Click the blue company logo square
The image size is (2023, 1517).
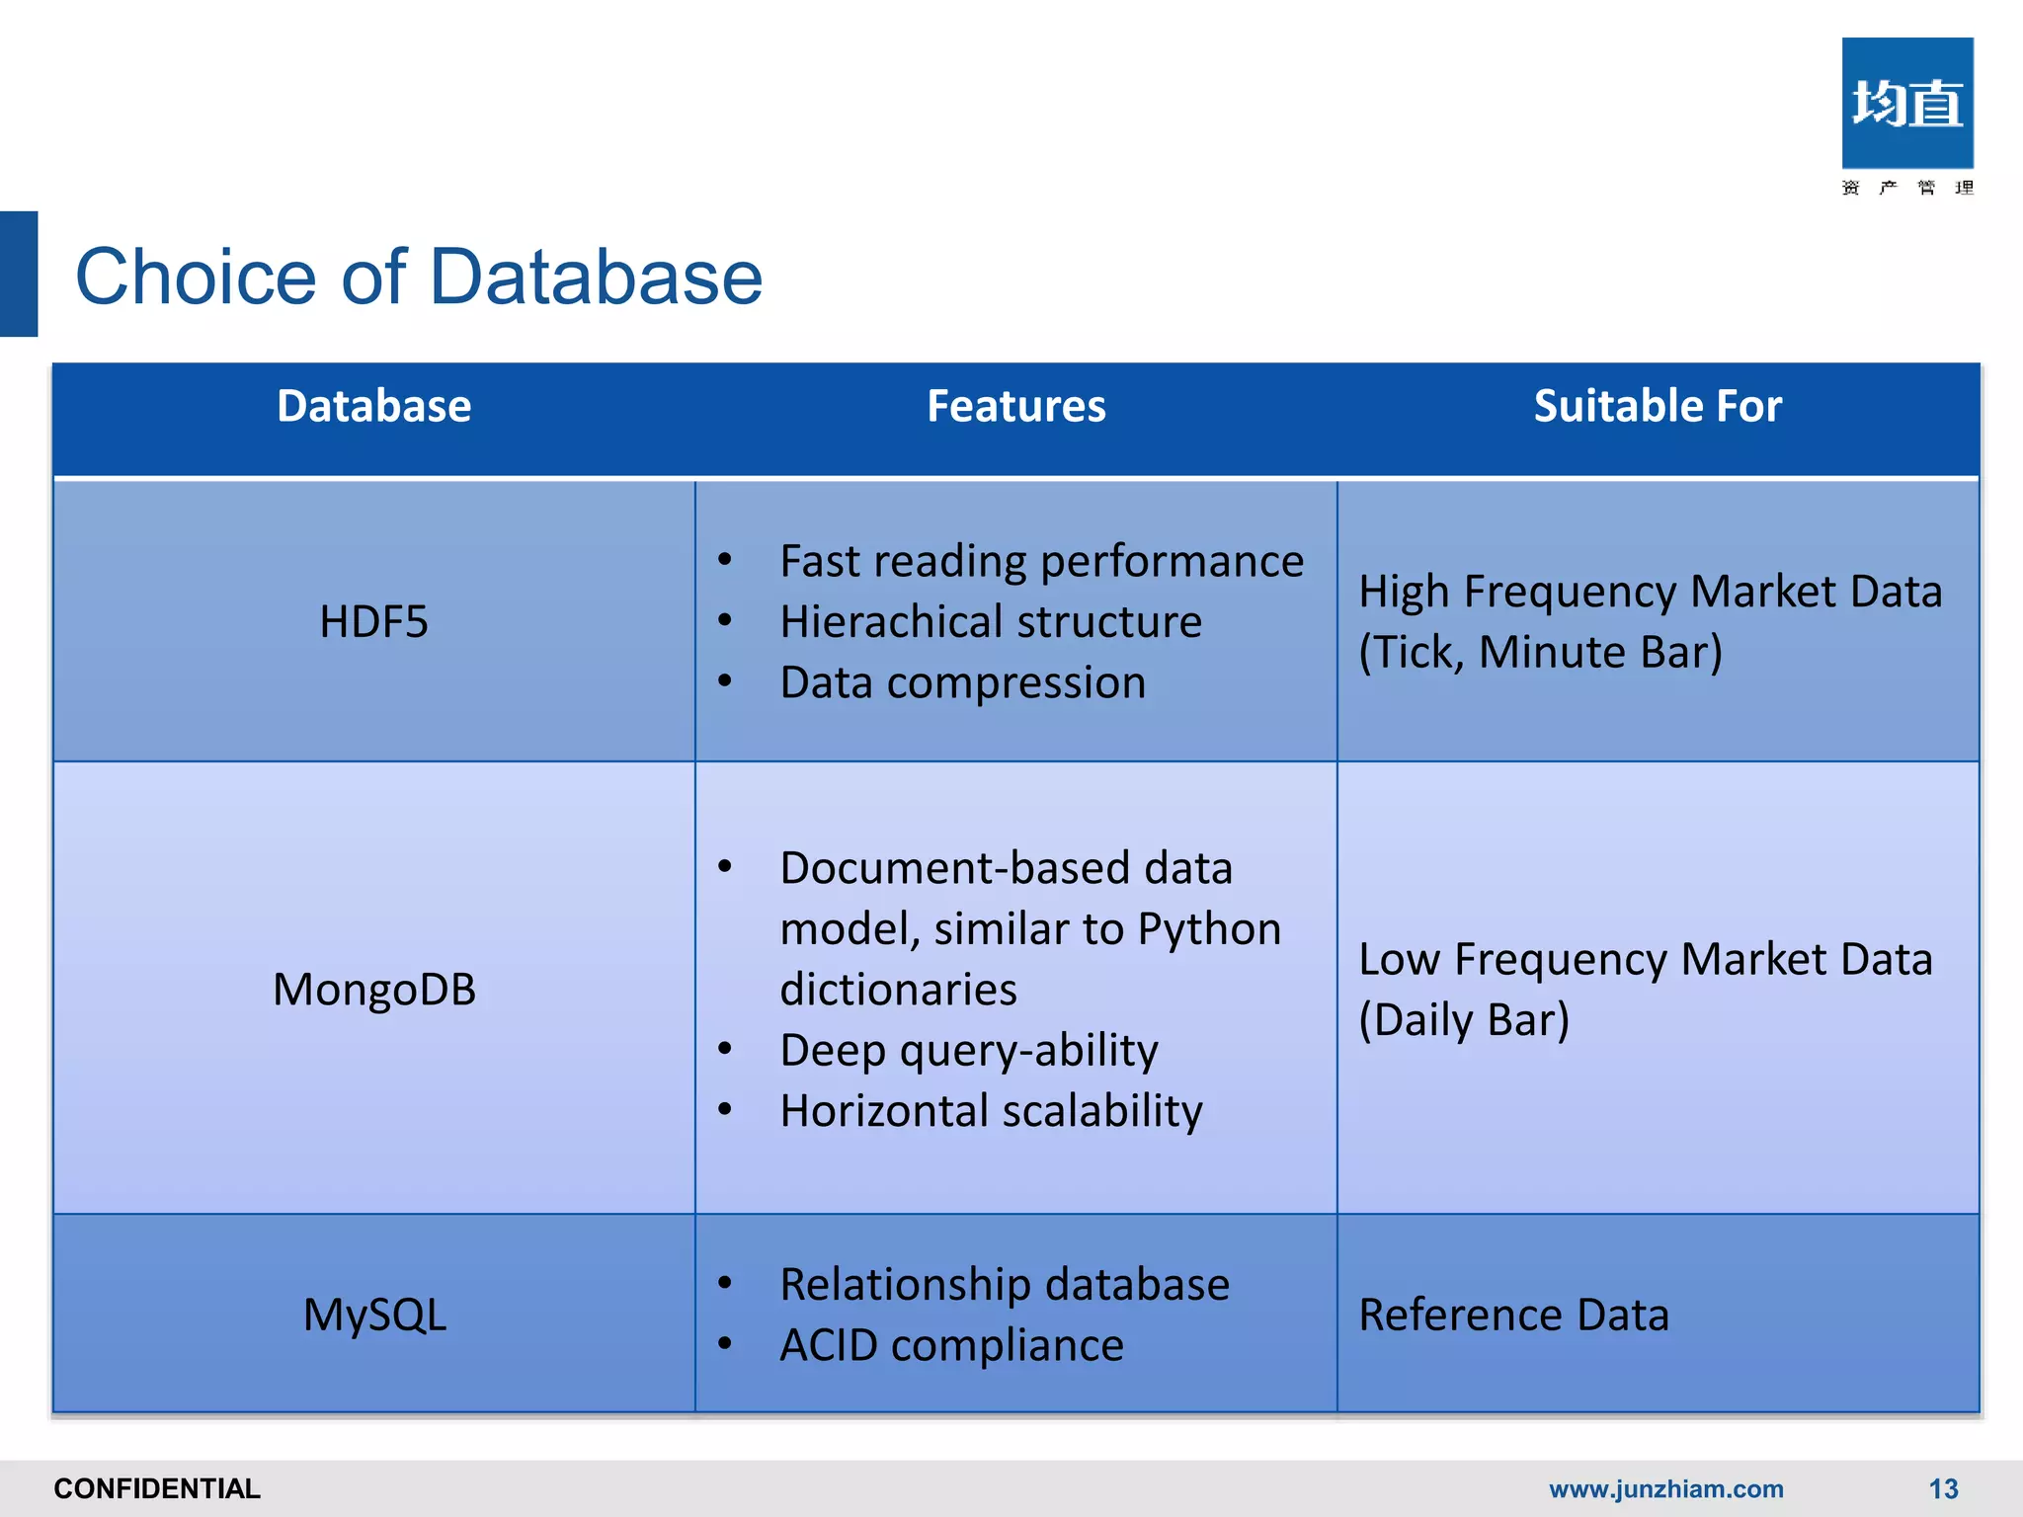1906,104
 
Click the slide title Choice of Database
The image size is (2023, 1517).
419,277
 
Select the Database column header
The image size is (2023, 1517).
373,407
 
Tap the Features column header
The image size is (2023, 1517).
1015,407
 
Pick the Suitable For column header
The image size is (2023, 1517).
1658,407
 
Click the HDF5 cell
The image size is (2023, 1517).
373,622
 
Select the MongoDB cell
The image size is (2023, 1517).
373,990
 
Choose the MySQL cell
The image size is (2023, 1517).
373,1316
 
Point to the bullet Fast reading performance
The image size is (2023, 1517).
1041,562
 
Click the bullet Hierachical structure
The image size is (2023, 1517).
990,622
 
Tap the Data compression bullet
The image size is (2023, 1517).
962,683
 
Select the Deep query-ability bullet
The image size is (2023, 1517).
968,1050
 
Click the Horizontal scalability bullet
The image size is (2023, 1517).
990,1111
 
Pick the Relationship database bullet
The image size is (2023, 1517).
1004,1285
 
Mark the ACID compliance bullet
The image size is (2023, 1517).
950,1346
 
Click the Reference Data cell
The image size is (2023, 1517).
1513,1316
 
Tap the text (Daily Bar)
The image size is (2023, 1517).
1464,1020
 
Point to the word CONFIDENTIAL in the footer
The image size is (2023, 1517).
157,1488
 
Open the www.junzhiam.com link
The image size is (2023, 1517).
1665,1488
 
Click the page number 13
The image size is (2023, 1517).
1943,1488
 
